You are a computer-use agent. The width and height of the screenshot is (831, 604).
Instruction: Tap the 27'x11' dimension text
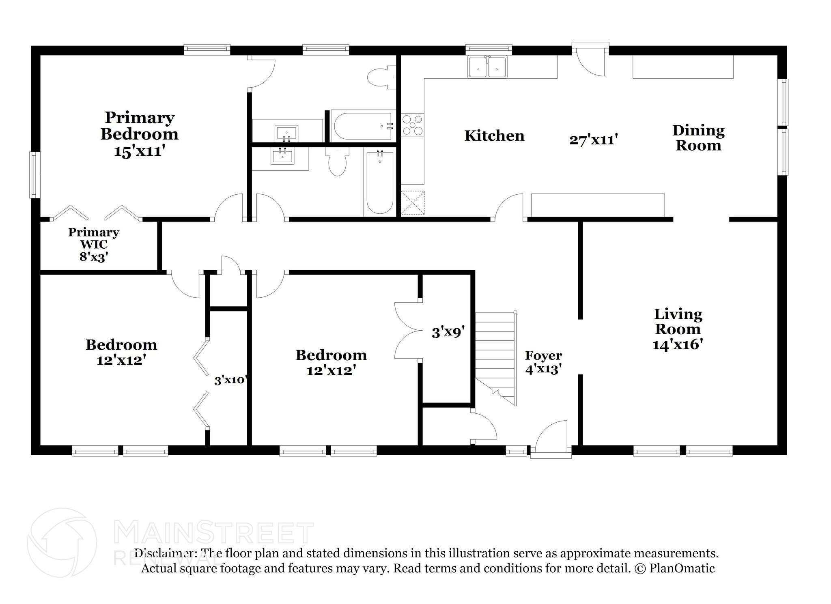click(x=593, y=140)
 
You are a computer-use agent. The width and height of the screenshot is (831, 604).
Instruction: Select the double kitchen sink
click(x=487, y=67)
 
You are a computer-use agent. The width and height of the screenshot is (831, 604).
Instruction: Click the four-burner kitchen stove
click(x=412, y=125)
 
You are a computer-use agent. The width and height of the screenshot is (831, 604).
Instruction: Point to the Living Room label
click(x=678, y=329)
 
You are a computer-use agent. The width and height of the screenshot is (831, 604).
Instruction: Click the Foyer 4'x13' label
click(x=543, y=362)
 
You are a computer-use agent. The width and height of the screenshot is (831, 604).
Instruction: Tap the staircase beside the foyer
click(x=496, y=359)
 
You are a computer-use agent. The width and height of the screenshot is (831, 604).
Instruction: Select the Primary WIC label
click(x=93, y=244)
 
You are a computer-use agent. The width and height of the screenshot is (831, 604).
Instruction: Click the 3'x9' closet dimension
click(x=448, y=333)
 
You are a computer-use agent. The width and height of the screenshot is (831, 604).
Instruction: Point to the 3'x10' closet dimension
click(x=230, y=380)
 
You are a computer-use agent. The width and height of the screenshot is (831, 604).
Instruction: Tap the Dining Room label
click(x=698, y=138)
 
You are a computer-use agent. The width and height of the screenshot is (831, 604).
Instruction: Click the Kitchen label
click(x=494, y=135)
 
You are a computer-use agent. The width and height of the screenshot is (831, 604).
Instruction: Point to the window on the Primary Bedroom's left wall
click(x=34, y=175)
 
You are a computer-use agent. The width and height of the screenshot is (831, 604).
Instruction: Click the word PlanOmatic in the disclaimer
click(x=682, y=568)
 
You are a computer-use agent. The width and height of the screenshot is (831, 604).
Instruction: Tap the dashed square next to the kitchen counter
click(x=413, y=202)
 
